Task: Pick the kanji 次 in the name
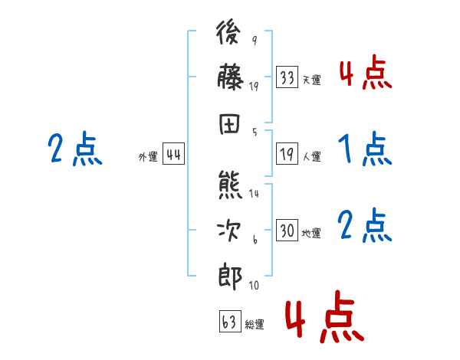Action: (x=231, y=231)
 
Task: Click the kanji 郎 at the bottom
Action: (x=231, y=274)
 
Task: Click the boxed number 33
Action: (x=287, y=77)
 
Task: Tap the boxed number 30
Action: (x=287, y=231)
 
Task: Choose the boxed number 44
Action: (x=174, y=155)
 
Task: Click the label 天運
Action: (x=311, y=80)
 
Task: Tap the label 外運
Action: (x=148, y=157)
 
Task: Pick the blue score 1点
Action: (x=364, y=149)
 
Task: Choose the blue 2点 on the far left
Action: (x=74, y=149)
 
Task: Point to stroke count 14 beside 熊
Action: (x=254, y=194)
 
